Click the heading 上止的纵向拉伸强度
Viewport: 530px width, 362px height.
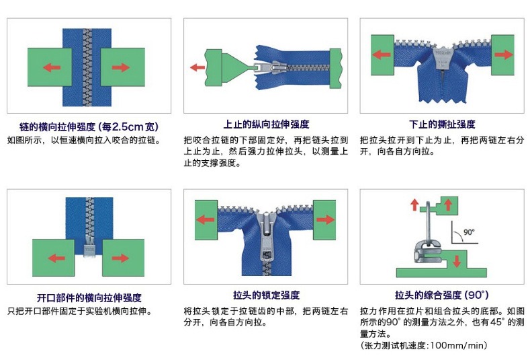point(266,124)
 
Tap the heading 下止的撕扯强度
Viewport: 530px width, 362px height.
point(442,124)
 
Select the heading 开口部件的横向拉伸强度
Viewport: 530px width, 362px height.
point(89,297)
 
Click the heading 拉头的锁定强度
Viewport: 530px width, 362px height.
point(266,295)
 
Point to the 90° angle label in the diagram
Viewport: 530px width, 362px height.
point(469,232)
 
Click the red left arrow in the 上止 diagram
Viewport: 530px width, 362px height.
point(197,67)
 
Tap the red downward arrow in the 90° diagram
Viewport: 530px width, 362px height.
point(457,261)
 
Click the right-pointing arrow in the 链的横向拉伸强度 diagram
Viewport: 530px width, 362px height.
point(121,67)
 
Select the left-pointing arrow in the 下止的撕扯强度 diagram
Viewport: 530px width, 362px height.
point(382,55)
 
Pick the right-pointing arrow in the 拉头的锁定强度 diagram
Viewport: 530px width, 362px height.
point(325,219)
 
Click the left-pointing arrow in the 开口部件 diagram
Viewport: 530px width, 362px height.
point(56,258)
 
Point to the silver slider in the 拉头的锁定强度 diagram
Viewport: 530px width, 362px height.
point(267,237)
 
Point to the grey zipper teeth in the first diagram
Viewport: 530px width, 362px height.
point(87,67)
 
